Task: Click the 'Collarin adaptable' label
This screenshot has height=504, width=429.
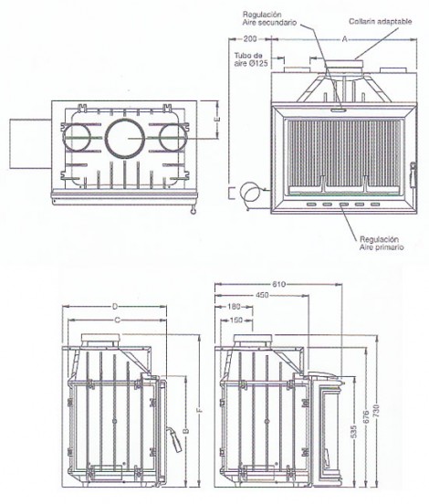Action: pyautogui.click(x=381, y=22)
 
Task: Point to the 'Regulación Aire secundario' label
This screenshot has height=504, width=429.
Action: pyautogui.click(x=269, y=18)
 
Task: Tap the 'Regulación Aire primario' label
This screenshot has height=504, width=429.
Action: pyautogui.click(x=382, y=243)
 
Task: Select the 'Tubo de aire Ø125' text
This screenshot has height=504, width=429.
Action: pyautogui.click(x=251, y=59)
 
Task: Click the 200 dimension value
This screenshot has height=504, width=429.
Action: pyautogui.click(x=250, y=39)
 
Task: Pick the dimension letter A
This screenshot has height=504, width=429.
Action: pyautogui.click(x=344, y=39)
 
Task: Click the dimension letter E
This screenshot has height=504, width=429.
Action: pyautogui.click(x=217, y=120)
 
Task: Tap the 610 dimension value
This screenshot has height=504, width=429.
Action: pyautogui.click(x=278, y=284)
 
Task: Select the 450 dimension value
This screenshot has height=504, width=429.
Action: pyautogui.click(x=263, y=295)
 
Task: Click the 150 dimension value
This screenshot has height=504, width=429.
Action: pyautogui.click(x=236, y=320)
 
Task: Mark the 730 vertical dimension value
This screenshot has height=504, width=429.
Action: pyautogui.click(x=377, y=411)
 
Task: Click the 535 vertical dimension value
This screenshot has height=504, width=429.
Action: pyautogui.click(x=354, y=432)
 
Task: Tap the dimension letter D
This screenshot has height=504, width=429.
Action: pyautogui.click(x=115, y=307)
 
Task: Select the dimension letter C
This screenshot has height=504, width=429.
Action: pyautogui.click(x=118, y=320)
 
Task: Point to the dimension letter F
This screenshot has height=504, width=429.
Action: pyautogui.click(x=199, y=411)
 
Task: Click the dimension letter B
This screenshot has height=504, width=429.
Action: pyautogui.click(x=185, y=430)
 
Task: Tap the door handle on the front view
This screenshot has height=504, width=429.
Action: pyautogui.click(x=413, y=175)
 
